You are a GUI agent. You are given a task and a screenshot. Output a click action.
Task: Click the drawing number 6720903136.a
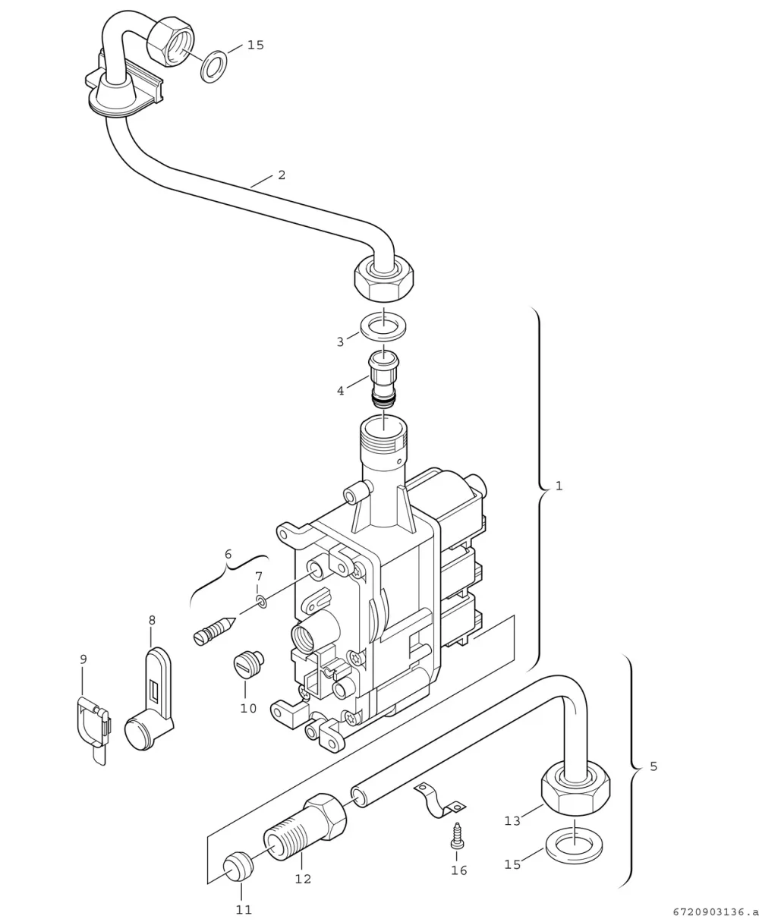click(x=715, y=912)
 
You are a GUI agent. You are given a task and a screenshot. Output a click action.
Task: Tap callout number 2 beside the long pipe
click(x=282, y=175)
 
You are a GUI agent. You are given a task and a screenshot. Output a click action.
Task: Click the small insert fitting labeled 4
click(x=383, y=378)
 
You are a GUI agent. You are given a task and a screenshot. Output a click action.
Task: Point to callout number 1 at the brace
click(x=559, y=486)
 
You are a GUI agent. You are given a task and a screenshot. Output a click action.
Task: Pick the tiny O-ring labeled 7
click(x=262, y=602)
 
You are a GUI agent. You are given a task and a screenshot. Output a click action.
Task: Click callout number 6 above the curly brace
click(x=228, y=554)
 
